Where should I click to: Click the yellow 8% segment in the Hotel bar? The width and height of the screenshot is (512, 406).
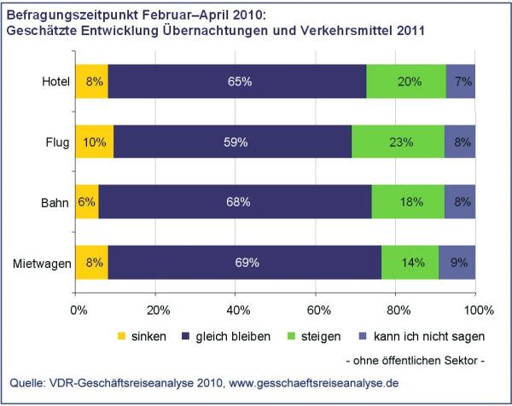point(92,81)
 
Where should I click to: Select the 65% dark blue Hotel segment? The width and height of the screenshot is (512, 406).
point(237,81)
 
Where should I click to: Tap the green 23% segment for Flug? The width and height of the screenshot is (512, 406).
point(398,142)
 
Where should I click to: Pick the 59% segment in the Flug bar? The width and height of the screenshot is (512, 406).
point(233,142)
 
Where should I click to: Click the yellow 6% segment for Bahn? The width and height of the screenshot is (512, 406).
point(87,201)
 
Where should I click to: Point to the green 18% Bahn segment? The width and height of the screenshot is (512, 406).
point(408,201)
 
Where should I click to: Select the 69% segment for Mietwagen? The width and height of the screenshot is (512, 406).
point(245,263)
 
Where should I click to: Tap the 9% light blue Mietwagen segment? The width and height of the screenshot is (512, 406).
point(457,263)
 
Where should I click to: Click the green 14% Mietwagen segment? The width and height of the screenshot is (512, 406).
point(410,263)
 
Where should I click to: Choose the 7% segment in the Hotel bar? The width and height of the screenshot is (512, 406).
point(461,81)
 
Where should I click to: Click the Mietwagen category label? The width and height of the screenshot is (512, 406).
point(42,264)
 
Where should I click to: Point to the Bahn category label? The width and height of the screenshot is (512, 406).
point(55,203)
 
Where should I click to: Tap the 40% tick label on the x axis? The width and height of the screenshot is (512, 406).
point(238,310)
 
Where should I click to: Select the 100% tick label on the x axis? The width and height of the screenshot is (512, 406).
point(479,310)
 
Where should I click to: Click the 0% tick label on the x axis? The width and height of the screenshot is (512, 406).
point(79,310)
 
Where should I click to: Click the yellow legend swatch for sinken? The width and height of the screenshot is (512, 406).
point(121,336)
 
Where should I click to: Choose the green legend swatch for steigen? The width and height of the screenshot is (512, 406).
point(291,336)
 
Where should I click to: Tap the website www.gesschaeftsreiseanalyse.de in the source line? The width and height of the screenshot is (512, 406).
point(314,382)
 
